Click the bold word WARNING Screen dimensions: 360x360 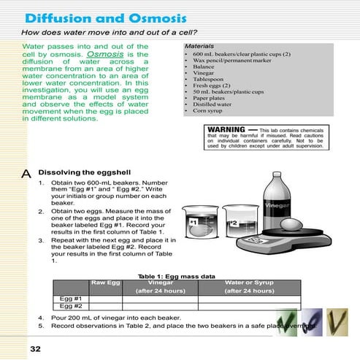tap(225, 128)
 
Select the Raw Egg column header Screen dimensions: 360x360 tap(104, 281)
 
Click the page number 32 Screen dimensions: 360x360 tap(35, 348)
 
